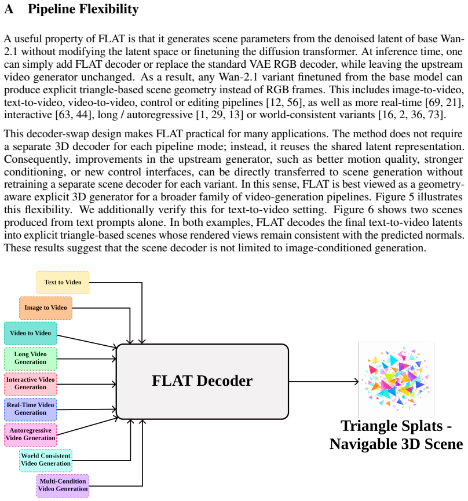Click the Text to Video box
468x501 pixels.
coord(63,283)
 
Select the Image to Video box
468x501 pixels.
coord(46,308)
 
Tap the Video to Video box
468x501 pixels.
coord(30,333)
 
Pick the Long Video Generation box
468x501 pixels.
coord(30,359)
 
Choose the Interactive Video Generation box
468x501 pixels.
coord(30,384)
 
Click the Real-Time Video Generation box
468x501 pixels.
coord(30,409)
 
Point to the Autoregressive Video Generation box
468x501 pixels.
coord(30,435)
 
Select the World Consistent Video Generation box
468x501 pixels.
coord(46,460)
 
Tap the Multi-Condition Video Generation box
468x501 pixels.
coord(63,486)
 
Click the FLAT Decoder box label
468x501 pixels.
coord(202,381)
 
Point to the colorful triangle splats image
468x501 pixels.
coord(396,379)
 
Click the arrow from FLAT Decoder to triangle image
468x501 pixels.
coord(324,381)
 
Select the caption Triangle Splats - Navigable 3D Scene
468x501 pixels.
coord(396,435)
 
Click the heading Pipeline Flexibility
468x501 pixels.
coord(83,9)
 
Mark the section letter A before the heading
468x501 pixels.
coord(9,9)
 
